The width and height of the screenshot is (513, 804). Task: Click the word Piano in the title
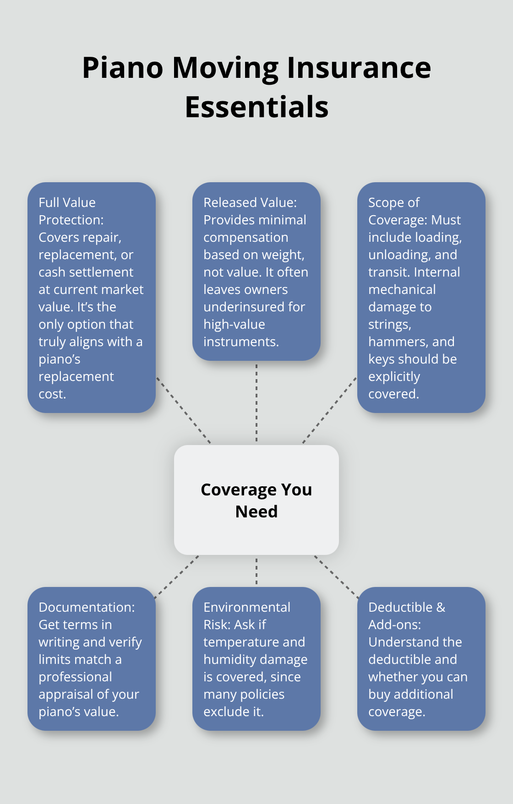[x=122, y=68]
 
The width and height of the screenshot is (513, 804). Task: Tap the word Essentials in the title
[x=256, y=107]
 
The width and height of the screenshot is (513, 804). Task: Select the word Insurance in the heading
[x=359, y=68]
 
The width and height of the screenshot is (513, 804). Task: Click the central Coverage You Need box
[x=256, y=500]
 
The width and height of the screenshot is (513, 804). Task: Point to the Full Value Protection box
[x=92, y=298]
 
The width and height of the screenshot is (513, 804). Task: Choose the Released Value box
[x=256, y=272]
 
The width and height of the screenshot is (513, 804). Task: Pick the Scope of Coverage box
[x=421, y=298]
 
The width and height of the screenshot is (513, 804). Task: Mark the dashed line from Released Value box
[x=256, y=403]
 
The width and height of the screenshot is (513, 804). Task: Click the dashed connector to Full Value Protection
[x=184, y=410]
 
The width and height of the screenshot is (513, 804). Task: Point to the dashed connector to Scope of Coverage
[x=329, y=410]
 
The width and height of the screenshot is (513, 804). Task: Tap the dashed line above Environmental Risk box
[x=256, y=571]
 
